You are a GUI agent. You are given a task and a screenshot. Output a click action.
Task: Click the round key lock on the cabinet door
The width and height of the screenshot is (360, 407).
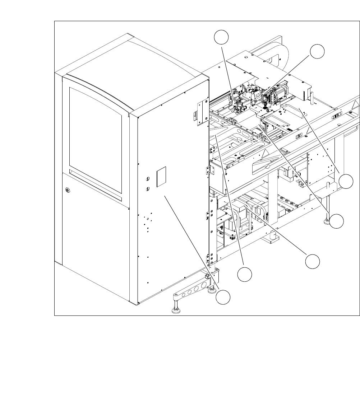[x=67, y=190]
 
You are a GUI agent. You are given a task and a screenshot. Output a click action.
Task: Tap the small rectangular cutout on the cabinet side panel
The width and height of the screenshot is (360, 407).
[x=161, y=176]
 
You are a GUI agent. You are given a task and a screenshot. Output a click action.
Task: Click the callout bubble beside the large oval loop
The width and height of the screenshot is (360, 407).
[x=318, y=51]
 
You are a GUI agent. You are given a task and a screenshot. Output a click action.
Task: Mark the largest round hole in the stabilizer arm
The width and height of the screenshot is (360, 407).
[x=204, y=285]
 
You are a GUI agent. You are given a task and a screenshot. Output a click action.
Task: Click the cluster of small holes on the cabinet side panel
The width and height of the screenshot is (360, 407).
[x=147, y=223]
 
